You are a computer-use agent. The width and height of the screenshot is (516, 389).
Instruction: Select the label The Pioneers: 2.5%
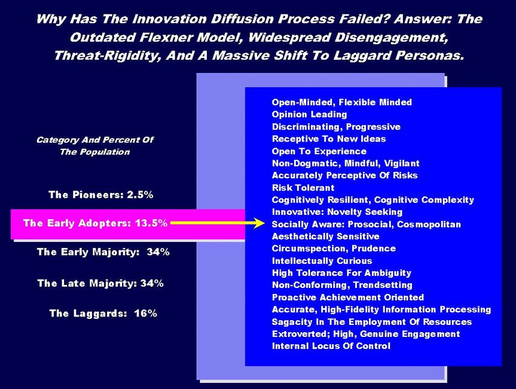pos(100,195)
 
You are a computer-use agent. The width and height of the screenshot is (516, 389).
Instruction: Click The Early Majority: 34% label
pos(103,252)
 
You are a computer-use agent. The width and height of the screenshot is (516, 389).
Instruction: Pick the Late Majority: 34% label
pos(100,283)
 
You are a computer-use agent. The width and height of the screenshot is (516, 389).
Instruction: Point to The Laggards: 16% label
pos(103,313)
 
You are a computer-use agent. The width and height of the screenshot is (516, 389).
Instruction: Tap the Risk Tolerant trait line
pos(303,188)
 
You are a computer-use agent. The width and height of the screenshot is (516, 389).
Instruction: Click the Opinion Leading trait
pos(309,114)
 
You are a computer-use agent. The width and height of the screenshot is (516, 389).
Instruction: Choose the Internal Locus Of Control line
pos(331,346)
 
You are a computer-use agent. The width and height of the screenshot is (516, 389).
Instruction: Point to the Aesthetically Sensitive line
pos(325,237)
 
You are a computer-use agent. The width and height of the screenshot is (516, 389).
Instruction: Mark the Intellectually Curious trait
pos(322,261)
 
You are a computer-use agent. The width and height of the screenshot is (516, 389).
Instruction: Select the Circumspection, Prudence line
pos(334,249)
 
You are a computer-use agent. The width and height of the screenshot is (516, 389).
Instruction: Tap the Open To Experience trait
pos(319,151)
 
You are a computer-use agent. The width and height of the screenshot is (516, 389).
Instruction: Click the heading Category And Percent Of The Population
pos(95,146)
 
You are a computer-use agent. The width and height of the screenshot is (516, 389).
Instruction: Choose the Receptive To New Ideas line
pos(328,139)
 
